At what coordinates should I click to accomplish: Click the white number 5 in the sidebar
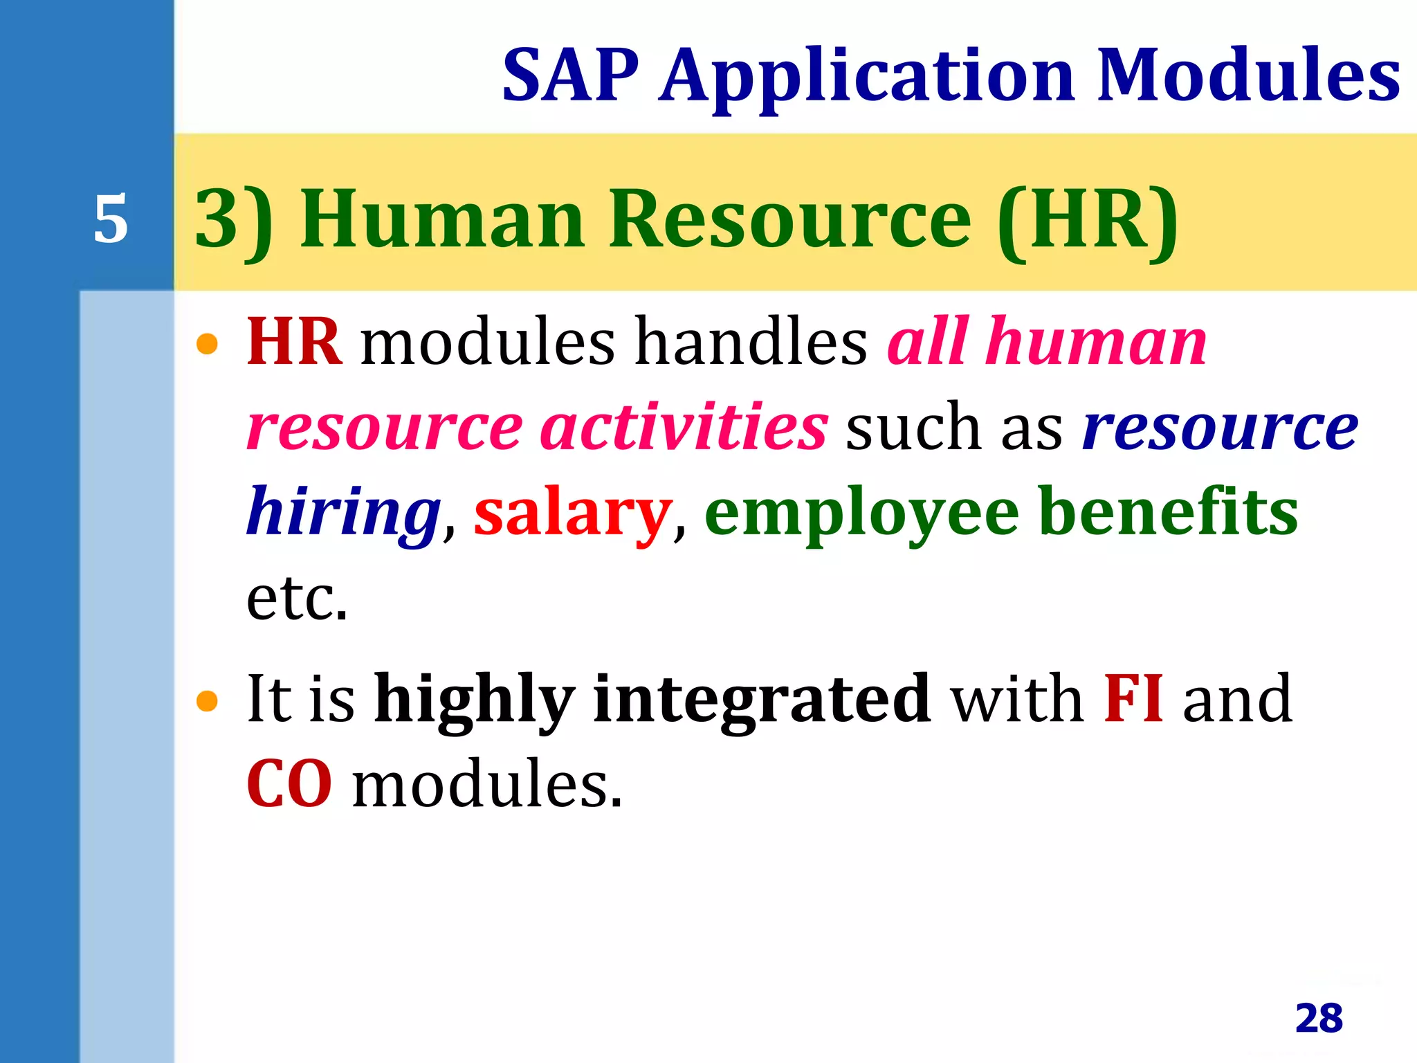[x=111, y=219]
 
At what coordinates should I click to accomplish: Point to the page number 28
[x=1319, y=1018]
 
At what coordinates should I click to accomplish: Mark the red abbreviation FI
[x=1133, y=698]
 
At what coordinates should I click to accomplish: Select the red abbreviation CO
[x=289, y=784]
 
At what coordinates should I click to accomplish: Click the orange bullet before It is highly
[x=207, y=701]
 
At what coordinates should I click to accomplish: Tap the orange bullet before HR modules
[x=207, y=343]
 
